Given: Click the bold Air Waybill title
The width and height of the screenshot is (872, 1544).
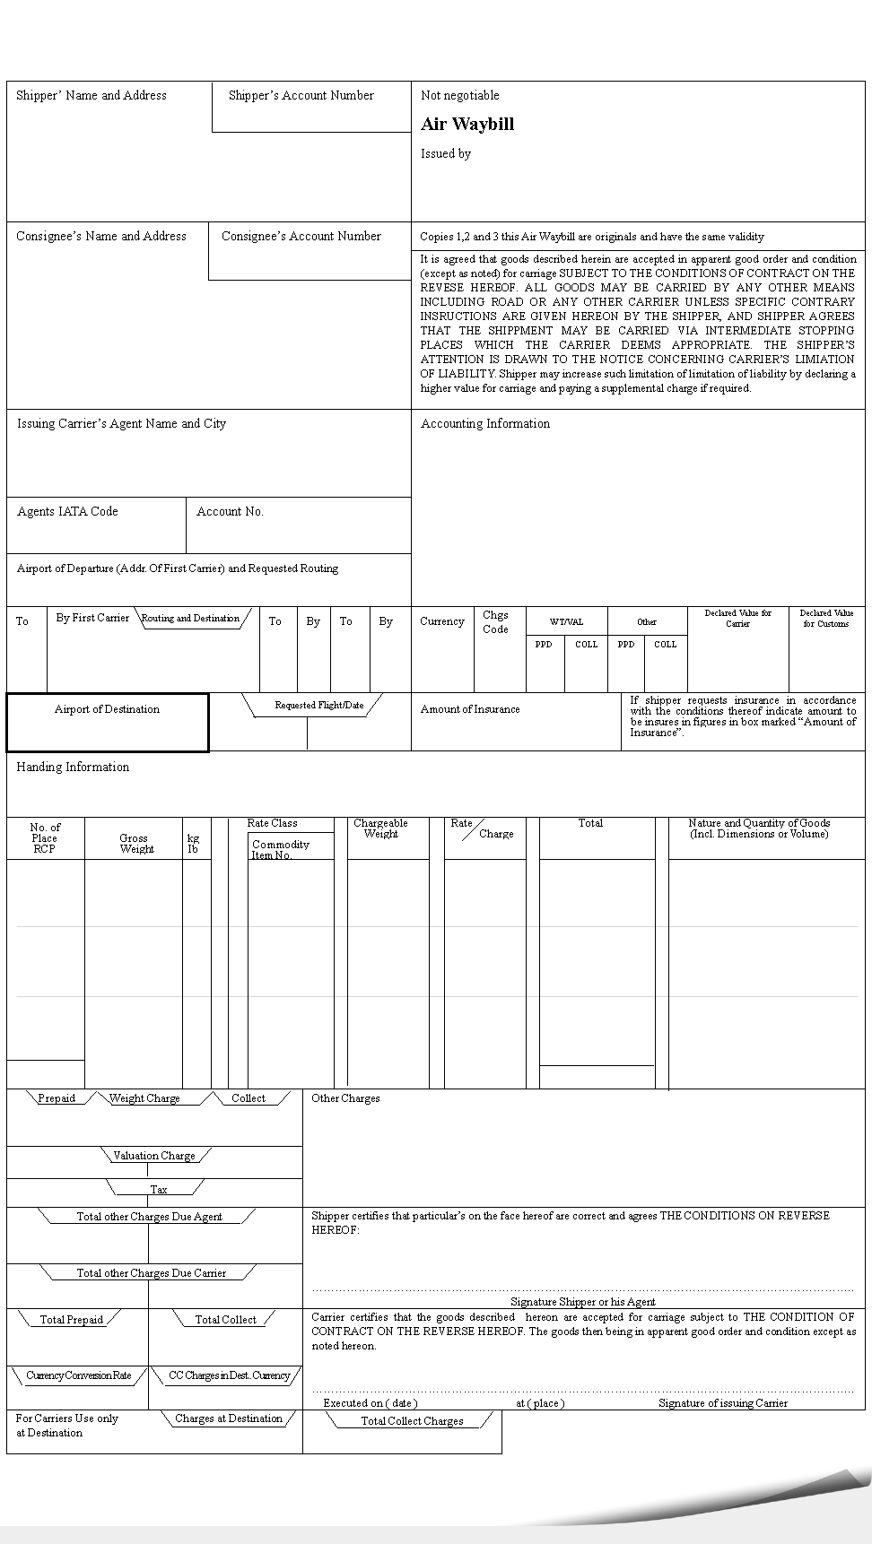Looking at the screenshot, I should (467, 125).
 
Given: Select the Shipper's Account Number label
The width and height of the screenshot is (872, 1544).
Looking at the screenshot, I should (301, 95).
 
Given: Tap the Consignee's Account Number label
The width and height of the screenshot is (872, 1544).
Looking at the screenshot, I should (301, 236).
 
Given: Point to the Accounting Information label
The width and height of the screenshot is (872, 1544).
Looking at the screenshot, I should (485, 423).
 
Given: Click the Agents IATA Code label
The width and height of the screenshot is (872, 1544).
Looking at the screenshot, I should (67, 511).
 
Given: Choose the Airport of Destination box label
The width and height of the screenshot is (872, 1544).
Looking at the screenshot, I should (107, 709).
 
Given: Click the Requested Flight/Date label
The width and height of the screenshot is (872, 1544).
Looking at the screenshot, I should (319, 705).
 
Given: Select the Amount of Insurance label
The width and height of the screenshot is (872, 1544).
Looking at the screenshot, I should (470, 709).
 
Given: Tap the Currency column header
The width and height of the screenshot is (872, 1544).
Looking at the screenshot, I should (442, 621).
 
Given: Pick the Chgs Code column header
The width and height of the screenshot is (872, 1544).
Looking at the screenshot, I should (495, 622).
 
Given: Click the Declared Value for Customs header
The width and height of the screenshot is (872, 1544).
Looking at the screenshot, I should (826, 619).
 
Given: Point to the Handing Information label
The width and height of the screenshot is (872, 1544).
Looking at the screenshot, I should (73, 767).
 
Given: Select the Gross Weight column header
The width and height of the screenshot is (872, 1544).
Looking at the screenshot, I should (135, 844).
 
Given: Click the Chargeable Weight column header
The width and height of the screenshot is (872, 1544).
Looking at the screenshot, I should (380, 828).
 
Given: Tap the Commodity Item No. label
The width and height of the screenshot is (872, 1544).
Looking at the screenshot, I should (280, 849).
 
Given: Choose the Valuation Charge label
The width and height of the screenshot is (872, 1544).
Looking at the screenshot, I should (154, 1156).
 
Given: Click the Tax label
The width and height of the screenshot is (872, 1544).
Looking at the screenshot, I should (158, 1190).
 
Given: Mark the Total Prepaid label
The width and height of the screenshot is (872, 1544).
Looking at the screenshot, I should (72, 1320).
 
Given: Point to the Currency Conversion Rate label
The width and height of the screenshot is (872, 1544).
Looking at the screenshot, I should (79, 1375).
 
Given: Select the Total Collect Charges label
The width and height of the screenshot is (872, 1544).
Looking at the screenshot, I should (412, 1421).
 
